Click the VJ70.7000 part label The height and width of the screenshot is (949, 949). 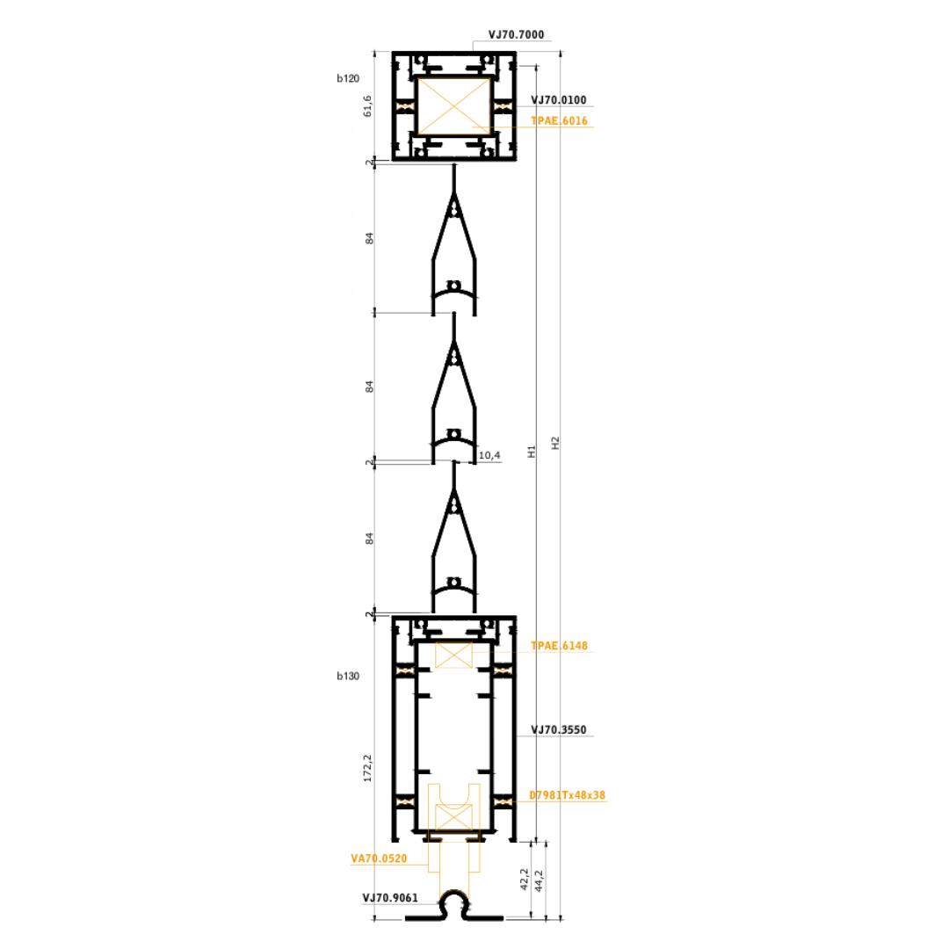[x=517, y=34]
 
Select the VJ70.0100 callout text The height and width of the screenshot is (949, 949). [x=559, y=100]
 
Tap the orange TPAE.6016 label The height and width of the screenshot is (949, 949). [x=559, y=120]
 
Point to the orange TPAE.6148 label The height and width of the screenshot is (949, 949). [x=559, y=646]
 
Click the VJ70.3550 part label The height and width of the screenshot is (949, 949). [x=559, y=730]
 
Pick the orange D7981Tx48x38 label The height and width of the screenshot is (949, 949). [x=567, y=795]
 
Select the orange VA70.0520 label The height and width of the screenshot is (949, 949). [x=379, y=858]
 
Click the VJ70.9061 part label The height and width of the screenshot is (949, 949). [x=390, y=897]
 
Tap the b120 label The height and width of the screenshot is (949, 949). [x=348, y=78]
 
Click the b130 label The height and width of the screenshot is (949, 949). [x=348, y=676]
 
